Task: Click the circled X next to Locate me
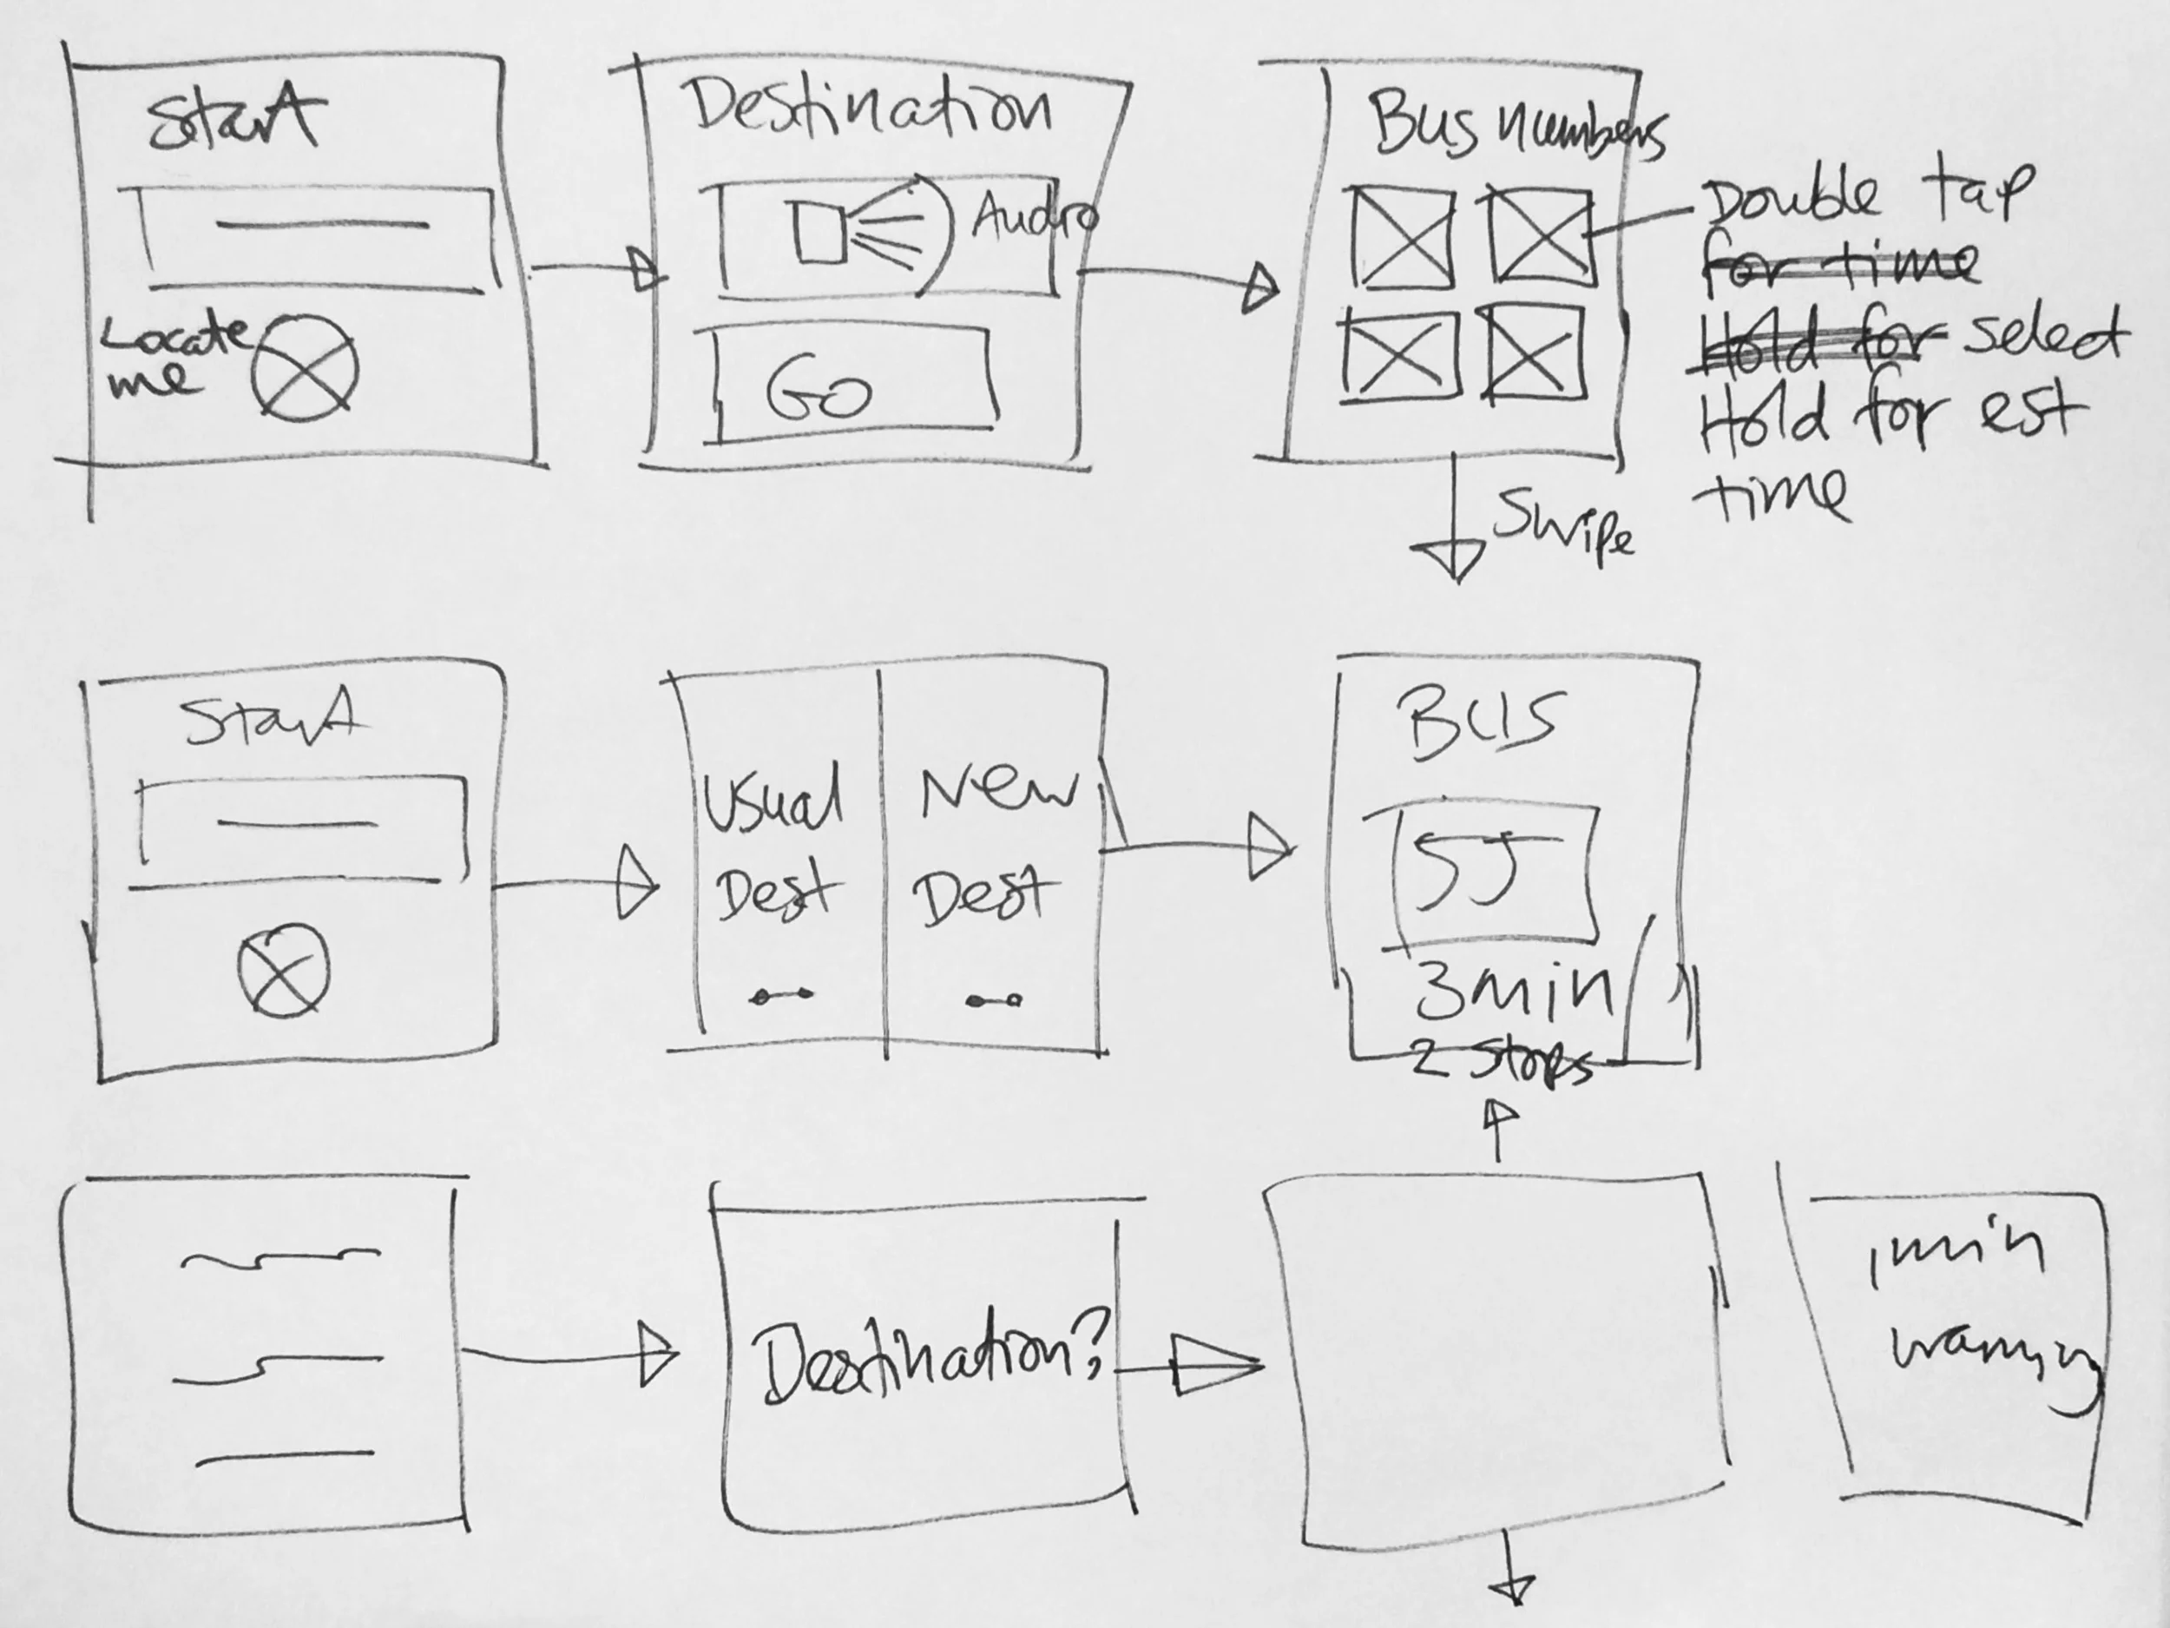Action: [304, 369]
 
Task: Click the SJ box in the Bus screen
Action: [1493, 872]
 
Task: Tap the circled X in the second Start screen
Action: [284, 970]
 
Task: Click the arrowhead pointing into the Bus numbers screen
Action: [1260, 289]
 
